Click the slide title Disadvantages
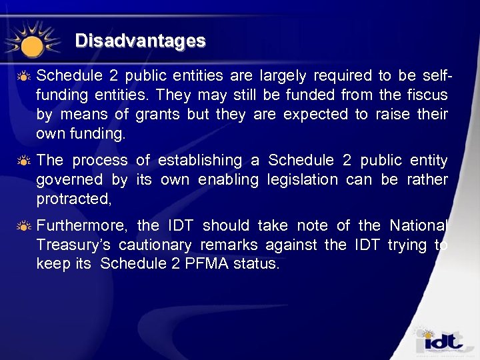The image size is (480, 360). coord(140,41)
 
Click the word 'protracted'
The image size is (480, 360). coord(72,199)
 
